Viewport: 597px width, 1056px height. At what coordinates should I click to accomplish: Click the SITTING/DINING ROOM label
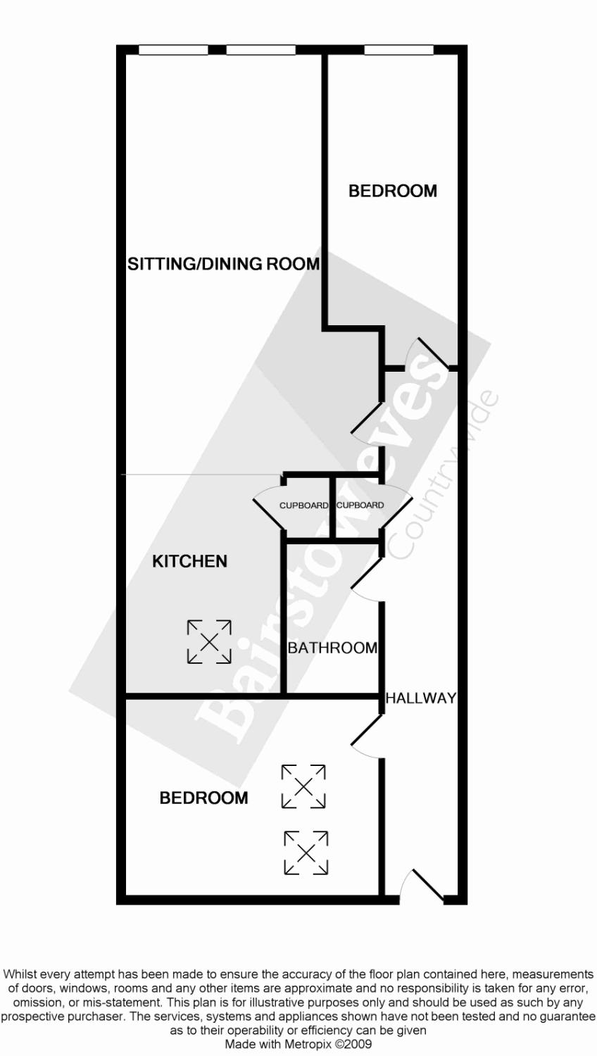point(223,264)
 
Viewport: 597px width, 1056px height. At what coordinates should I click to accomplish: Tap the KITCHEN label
point(190,561)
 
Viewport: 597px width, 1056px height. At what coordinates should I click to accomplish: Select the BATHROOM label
point(332,648)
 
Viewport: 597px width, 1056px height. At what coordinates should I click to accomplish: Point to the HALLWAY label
point(421,698)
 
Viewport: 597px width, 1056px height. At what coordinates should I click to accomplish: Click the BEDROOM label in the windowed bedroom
point(393,191)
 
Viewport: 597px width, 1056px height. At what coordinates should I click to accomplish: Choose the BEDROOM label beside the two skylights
point(203,798)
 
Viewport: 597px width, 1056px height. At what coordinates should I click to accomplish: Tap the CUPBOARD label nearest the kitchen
point(303,505)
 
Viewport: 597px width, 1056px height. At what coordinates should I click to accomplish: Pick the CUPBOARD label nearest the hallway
point(360,505)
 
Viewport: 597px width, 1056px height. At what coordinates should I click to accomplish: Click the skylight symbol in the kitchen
point(209,641)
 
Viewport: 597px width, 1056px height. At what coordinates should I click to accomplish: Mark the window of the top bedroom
point(398,50)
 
